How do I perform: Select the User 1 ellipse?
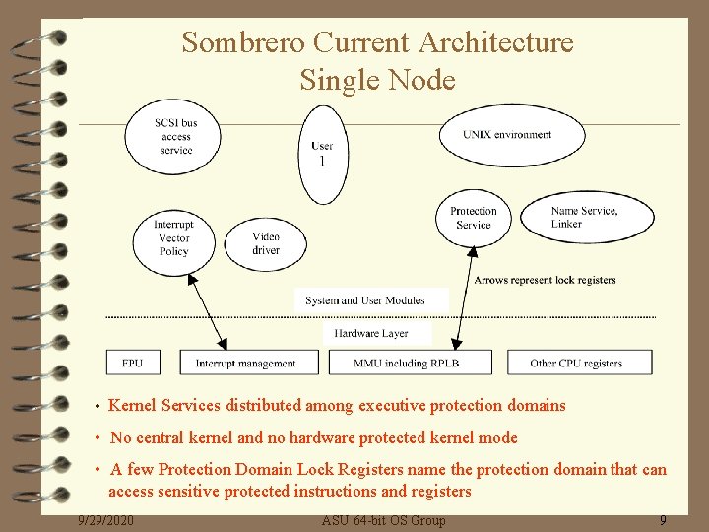[x=322, y=154]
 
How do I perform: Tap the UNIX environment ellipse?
[x=509, y=134]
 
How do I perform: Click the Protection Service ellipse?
[x=474, y=218]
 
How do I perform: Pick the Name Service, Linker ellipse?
[x=583, y=218]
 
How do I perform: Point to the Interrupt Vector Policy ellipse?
[x=173, y=238]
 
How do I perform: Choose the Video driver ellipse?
[x=266, y=243]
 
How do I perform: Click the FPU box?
[x=133, y=363]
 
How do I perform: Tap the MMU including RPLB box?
[x=407, y=363]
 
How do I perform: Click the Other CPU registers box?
[x=578, y=363]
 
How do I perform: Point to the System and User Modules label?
[x=365, y=300]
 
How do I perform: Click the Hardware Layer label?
[x=371, y=334]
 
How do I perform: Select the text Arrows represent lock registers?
[x=545, y=280]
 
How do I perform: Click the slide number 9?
[x=663, y=520]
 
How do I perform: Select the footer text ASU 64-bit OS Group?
[x=384, y=520]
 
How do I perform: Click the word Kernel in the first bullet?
[x=133, y=405]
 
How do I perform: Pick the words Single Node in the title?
[x=377, y=79]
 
